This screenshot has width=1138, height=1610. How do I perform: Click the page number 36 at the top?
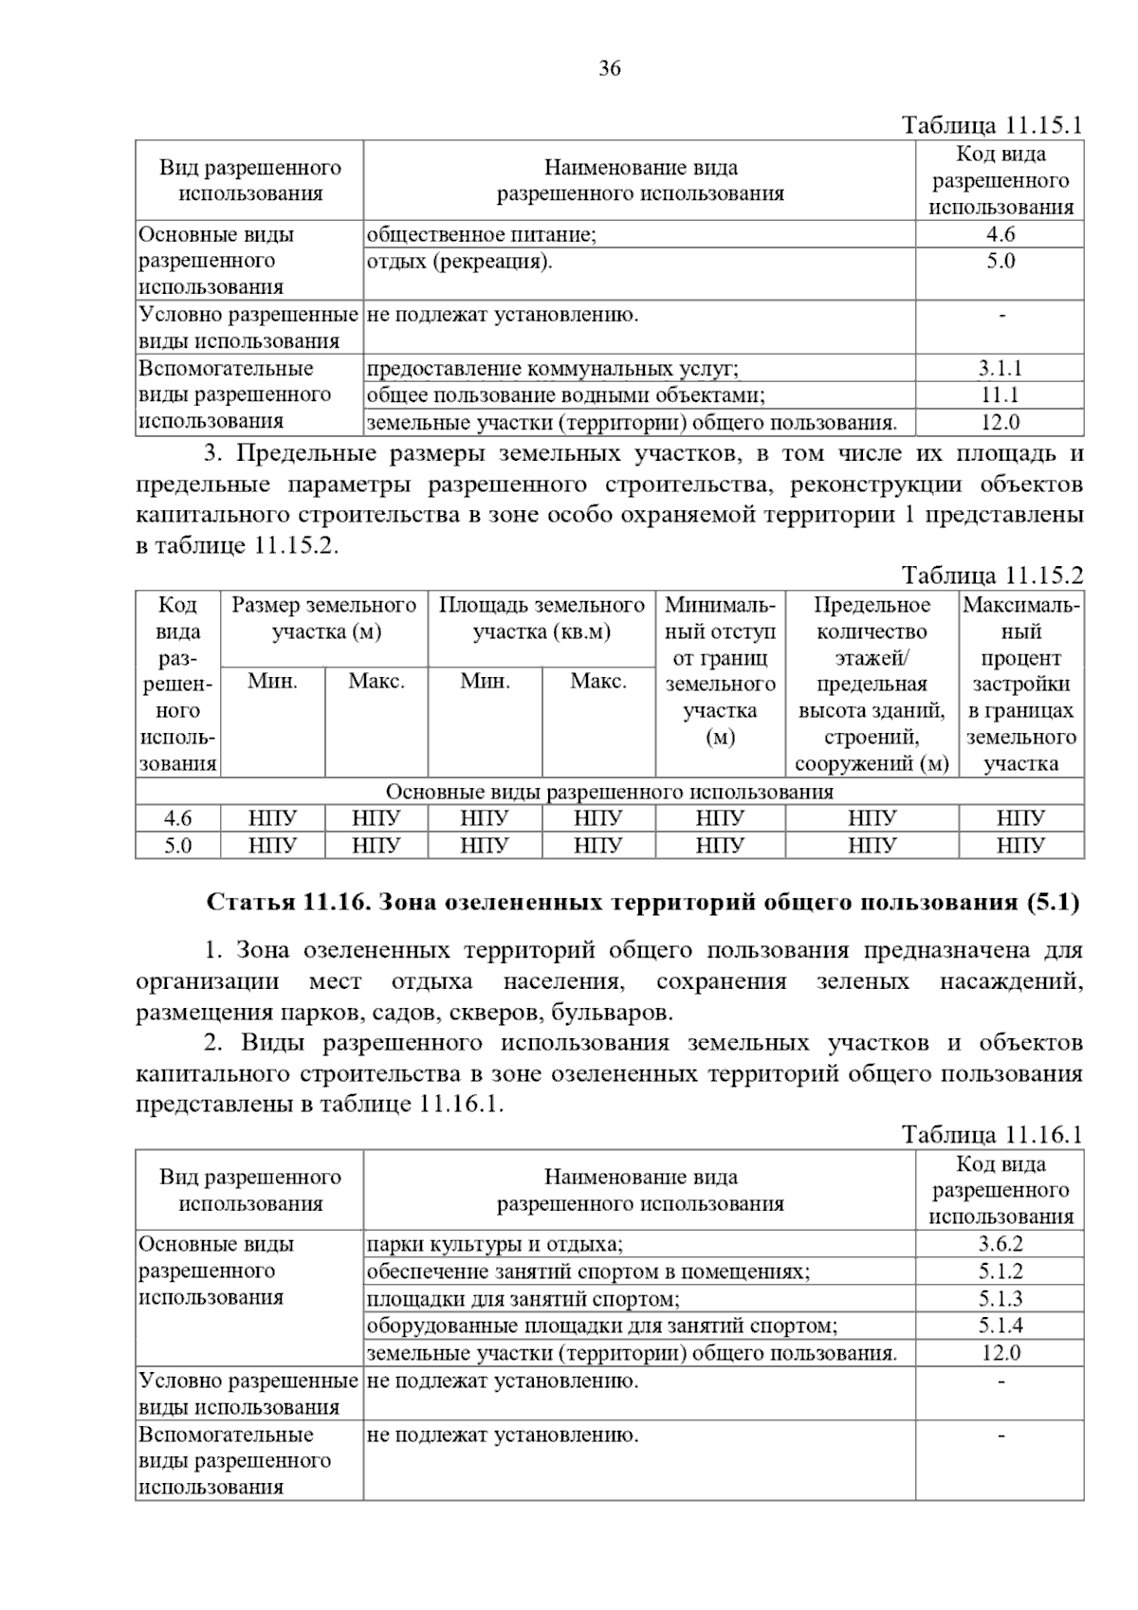(610, 68)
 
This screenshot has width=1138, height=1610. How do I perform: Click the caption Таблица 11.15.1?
(991, 126)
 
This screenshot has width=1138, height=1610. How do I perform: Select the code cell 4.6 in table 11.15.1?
(1000, 235)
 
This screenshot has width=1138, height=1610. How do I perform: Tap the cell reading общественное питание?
(481, 235)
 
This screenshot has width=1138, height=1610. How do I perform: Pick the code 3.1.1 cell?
(1000, 369)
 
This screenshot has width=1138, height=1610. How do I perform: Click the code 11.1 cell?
(1000, 395)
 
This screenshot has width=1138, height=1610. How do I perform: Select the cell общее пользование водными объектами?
(565, 395)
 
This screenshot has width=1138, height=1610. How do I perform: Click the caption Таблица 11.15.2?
(991, 576)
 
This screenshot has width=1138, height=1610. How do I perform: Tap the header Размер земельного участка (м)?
(324, 618)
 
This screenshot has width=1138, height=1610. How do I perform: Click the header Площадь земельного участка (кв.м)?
(541, 618)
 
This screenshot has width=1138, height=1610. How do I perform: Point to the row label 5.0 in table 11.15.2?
(178, 845)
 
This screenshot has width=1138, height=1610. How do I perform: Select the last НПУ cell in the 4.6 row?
(1020, 818)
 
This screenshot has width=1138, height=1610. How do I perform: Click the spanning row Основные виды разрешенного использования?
(610, 792)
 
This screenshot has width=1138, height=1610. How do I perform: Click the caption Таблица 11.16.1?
(991, 1135)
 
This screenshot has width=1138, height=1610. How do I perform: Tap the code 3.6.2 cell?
(1000, 1245)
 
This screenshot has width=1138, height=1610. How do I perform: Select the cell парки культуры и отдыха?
(494, 1245)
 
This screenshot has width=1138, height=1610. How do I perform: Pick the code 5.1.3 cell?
(1000, 1299)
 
